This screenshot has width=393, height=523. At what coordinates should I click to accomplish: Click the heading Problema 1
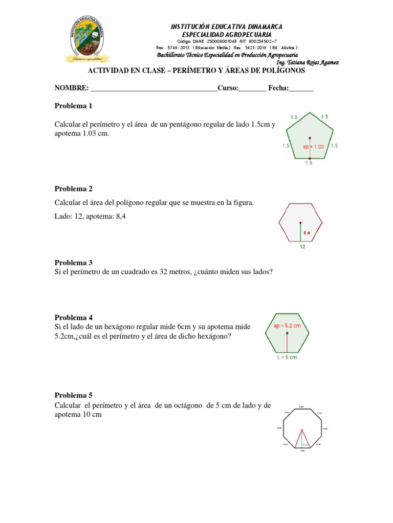click(73, 106)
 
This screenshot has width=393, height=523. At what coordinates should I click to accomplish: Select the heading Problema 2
click(73, 189)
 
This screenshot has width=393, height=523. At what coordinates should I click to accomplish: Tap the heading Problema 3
click(73, 263)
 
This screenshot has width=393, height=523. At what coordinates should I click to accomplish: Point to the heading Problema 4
click(73, 318)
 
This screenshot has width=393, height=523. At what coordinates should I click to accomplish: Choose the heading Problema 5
click(73, 395)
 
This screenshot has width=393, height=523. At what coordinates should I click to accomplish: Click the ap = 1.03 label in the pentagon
click(314, 146)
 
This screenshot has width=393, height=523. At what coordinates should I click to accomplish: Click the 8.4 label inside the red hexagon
click(308, 233)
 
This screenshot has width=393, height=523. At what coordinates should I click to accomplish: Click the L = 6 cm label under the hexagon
click(287, 357)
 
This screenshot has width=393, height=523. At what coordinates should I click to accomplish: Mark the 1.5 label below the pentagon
click(309, 163)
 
